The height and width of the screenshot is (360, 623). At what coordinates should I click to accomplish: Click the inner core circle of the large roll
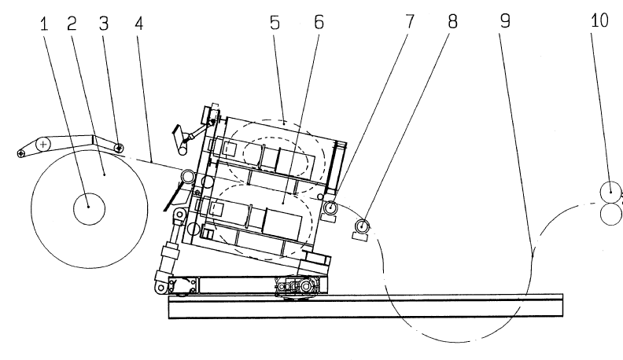89,207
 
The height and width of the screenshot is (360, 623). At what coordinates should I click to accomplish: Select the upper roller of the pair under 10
610,191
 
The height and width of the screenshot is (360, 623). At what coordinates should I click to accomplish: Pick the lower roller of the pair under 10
610,213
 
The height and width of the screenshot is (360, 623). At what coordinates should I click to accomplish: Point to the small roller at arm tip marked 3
119,147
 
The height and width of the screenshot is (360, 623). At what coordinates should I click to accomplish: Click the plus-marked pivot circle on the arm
42,145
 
